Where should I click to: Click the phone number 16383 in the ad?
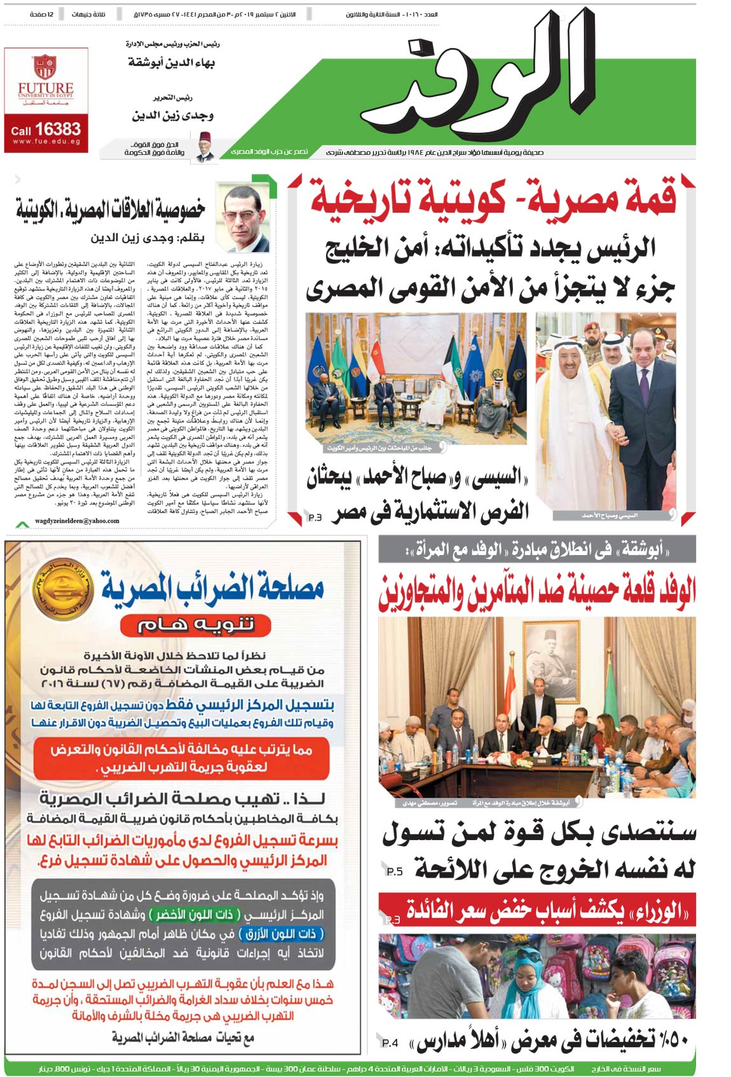click(x=57, y=129)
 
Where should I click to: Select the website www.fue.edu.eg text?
click(x=46, y=142)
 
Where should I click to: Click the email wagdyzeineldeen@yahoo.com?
click(x=77, y=521)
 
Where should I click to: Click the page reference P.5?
click(x=395, y=871)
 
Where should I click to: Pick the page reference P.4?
click(x=390, y=1043)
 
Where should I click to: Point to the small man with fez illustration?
click(x=205, y=145)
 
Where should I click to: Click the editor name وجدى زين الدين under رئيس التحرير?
click(x=173, y=116)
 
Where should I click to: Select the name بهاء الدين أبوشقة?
click(x=172, y=63)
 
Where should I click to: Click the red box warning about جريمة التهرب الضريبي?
click(x=181, y=758)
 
